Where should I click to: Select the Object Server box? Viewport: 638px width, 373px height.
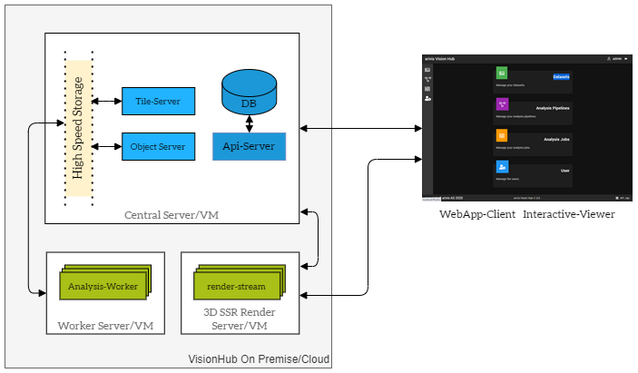pos(159,146)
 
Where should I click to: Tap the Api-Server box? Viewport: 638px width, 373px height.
pos(249,146)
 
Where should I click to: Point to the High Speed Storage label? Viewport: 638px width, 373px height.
pos(78,128)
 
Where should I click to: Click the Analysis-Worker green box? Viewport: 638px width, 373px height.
pos(103,287)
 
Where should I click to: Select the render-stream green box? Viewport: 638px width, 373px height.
pos(237,287)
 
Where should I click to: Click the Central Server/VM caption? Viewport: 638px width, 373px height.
pos(172,215)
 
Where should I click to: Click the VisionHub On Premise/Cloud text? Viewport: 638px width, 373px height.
pos(259,359)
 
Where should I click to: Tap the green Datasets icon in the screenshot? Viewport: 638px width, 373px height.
pos(502,73)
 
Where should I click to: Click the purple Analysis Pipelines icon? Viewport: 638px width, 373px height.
pos(502,104)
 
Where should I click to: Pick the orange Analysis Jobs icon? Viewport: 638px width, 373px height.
pos(502,135)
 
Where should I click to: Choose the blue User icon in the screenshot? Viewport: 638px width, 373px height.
pos(502,167)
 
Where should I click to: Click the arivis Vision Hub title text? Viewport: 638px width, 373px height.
pos(440,58)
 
